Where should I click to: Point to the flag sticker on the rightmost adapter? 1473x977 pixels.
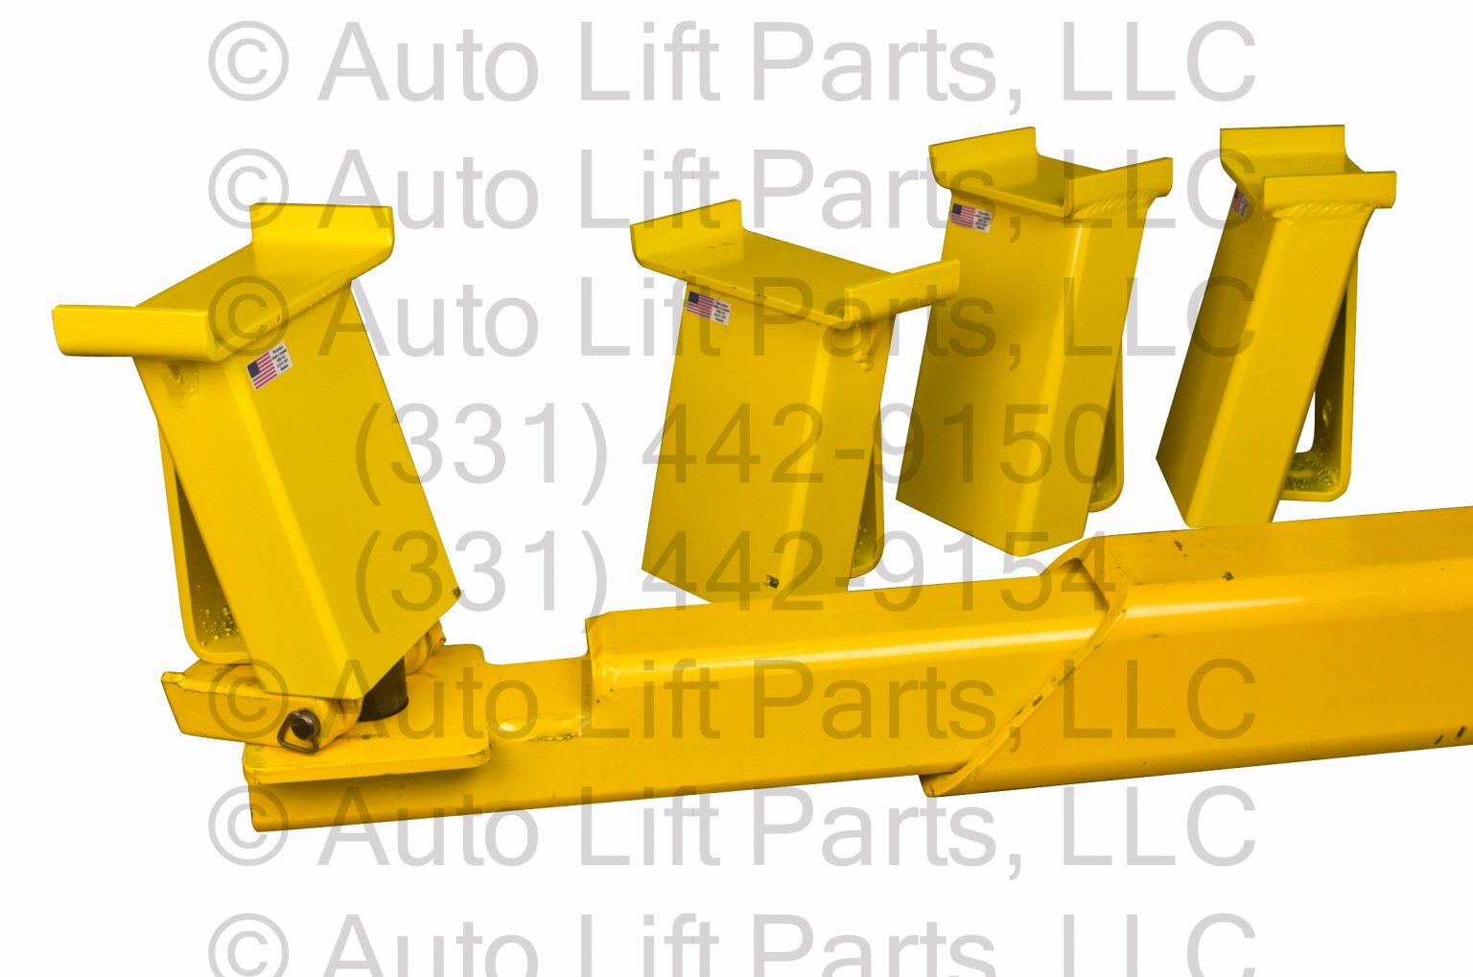coord(1240,203)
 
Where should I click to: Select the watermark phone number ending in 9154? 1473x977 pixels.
coord(734,573)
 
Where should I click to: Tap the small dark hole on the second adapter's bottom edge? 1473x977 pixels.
coord(770,580)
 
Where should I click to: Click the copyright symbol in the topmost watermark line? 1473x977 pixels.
coord(247,62)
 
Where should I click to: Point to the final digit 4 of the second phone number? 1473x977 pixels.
coord(1074,573)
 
